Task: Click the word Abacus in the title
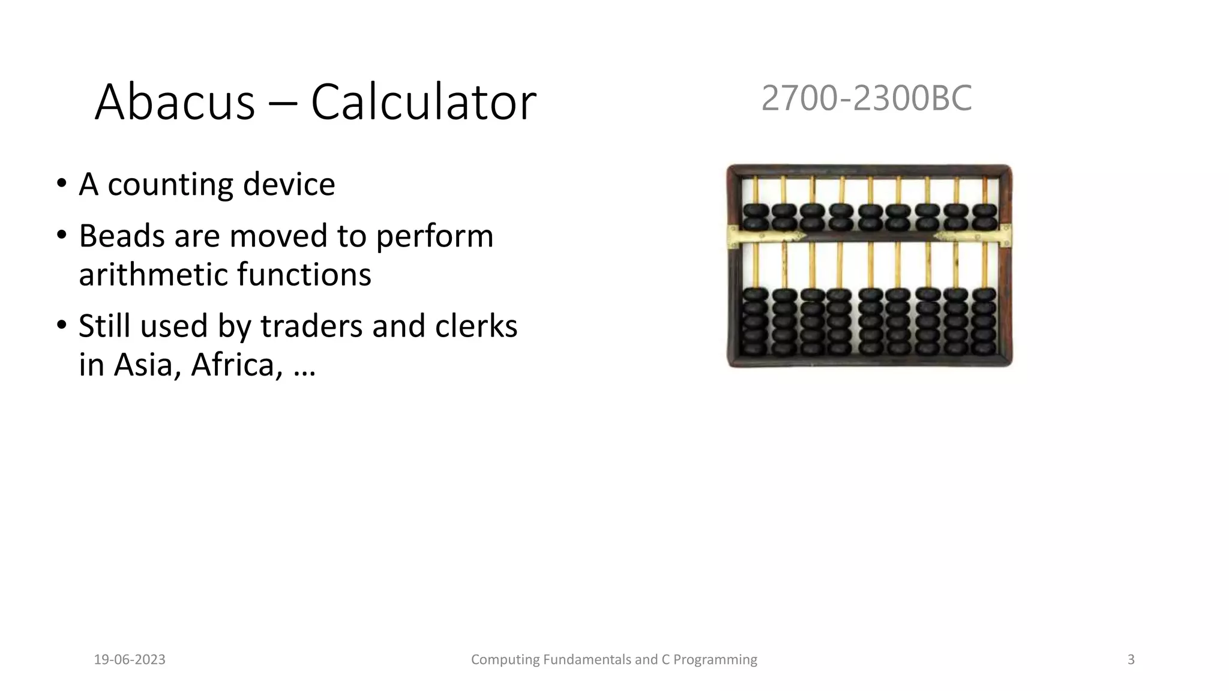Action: tap(175, 103)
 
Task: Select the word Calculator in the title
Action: tap(423, 103)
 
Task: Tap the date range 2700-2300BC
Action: tap(866, 98)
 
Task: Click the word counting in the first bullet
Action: tap(170, 185)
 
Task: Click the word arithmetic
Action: tap(152, 274)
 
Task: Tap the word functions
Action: tap(304, 274)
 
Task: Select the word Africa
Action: tap(236, 365)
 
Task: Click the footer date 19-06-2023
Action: tap(130, 660)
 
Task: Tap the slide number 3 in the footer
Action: tap(1131, 660)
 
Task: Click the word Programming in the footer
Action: tap(715, 660)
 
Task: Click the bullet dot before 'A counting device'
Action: tap(61, 184)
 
